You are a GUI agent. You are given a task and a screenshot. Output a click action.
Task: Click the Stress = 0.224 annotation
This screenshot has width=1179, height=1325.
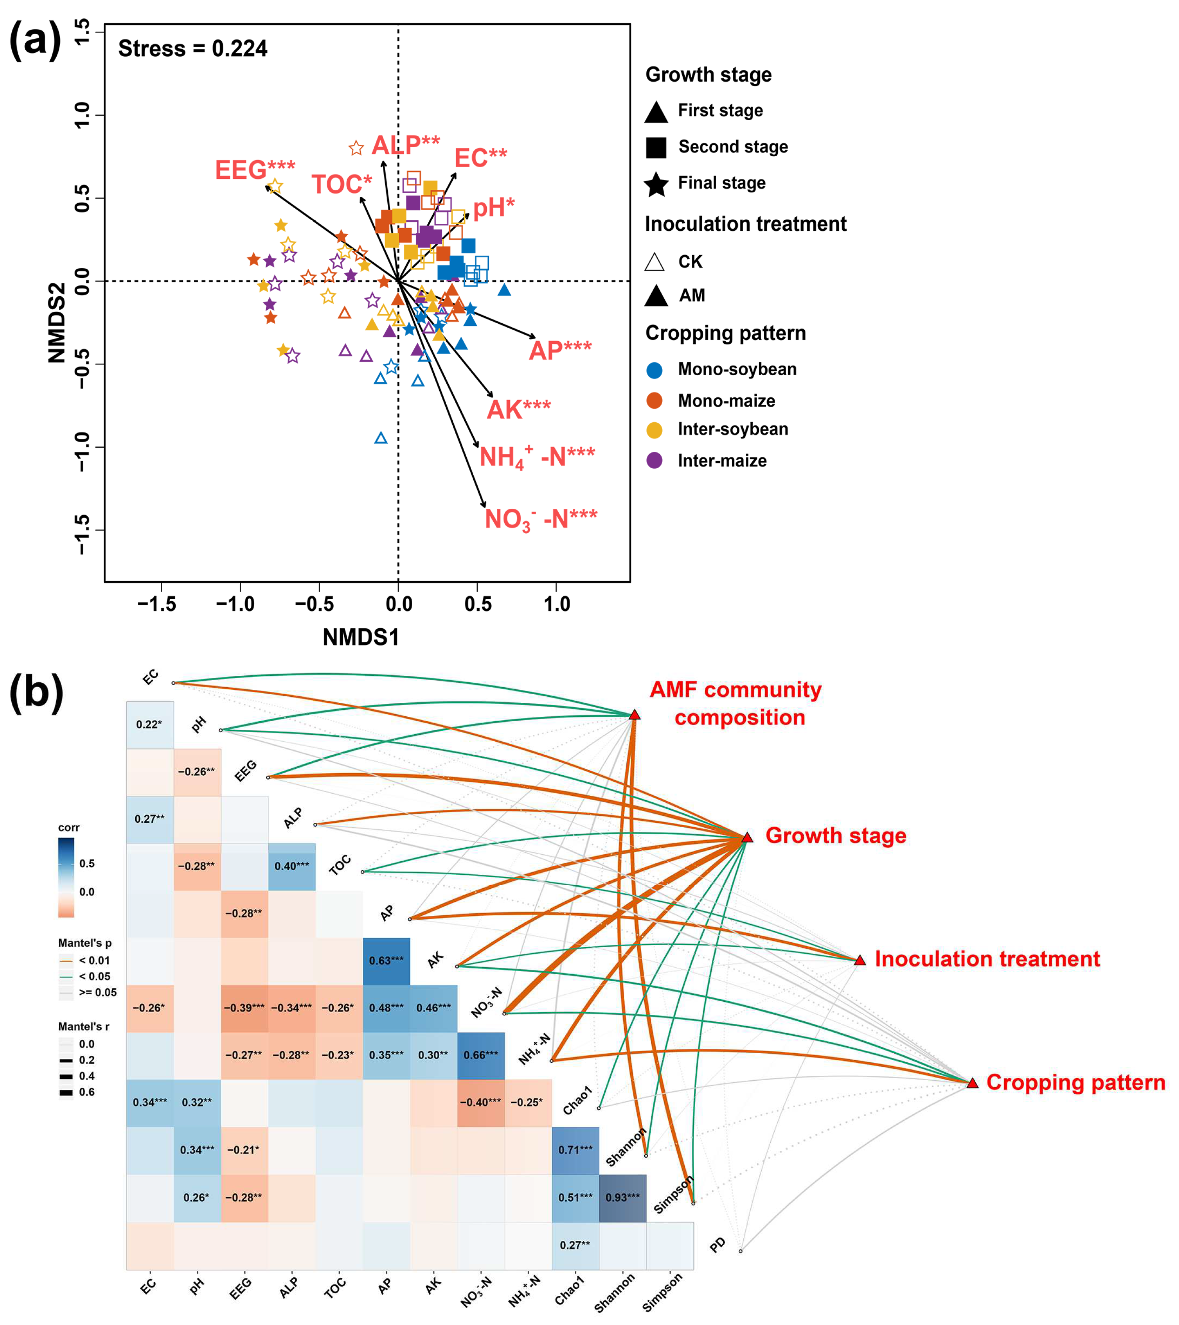pos(192,48)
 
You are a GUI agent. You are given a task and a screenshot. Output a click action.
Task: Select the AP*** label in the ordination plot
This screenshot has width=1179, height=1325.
pos(560,351)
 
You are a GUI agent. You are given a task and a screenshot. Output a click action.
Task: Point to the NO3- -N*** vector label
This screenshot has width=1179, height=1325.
pos(540,519)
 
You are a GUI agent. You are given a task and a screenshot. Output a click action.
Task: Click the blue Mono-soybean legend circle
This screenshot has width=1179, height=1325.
pos(655,370)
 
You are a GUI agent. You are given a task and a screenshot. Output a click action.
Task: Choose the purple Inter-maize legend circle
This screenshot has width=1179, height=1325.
pos(655,461)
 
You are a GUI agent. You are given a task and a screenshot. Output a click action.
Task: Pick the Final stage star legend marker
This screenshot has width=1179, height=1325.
pos(656,184)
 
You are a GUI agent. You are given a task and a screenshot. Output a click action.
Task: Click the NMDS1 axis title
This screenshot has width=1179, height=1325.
pos(361,638)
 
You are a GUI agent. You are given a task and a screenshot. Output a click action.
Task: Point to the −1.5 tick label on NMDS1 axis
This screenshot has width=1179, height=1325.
pos(157,604)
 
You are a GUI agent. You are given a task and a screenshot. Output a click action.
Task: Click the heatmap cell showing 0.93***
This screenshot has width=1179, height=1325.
pos(622,1197)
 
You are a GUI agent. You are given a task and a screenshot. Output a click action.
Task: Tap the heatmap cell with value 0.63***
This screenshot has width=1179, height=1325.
pos(386,961)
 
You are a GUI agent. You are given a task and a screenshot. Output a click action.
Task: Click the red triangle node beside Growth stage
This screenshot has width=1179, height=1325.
pos(747,838)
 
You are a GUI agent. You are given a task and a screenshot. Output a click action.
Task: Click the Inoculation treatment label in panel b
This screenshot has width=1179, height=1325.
pos(987,959)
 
